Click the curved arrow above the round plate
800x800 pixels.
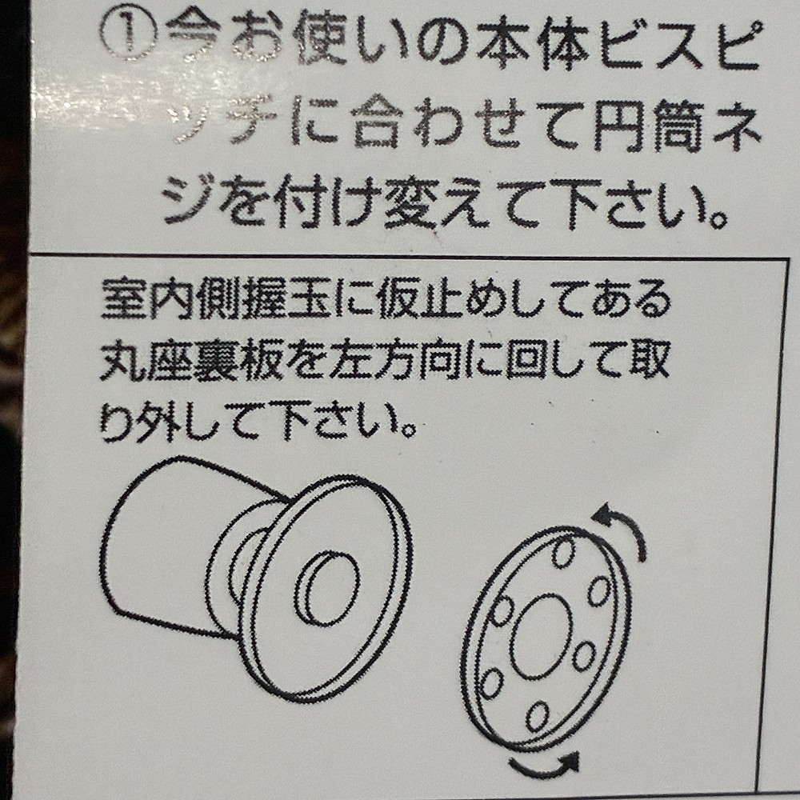[x=625, y=526]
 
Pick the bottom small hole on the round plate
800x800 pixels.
[x=538, y=715]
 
